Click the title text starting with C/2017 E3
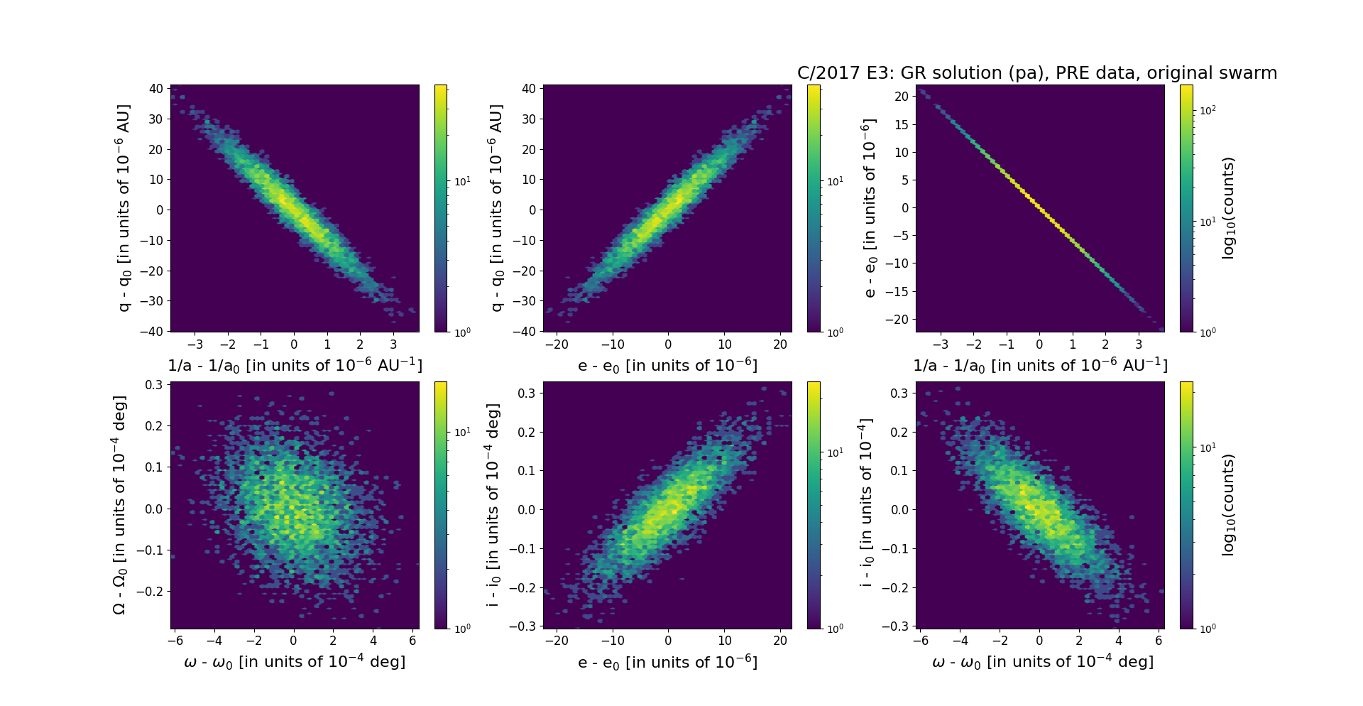click(x=1036, y=73)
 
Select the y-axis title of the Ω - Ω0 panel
click(x=119, y=505)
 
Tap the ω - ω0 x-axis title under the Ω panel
click(x=295, y=662)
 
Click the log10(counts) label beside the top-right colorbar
click(x=1228, y=208)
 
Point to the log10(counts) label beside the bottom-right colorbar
click(x=1228, y=505)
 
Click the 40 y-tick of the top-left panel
click(x=156, y=89)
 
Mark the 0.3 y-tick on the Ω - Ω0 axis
click(x=154, y=385)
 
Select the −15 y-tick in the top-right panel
click(x=896, y=292)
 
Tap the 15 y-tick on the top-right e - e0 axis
click(x=901, y=124)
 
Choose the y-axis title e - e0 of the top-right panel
click(x=869, y=208)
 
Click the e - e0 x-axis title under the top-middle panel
click(x=667, y=366)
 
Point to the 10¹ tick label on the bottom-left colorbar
click(x=462, y=433)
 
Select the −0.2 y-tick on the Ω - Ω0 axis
click(x=151, y=592)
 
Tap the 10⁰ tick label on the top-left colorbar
click(x=462, y=332)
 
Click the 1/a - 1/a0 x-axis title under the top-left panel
click(x=295, y=366)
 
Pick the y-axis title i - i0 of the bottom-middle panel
click(x=493, y=505)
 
